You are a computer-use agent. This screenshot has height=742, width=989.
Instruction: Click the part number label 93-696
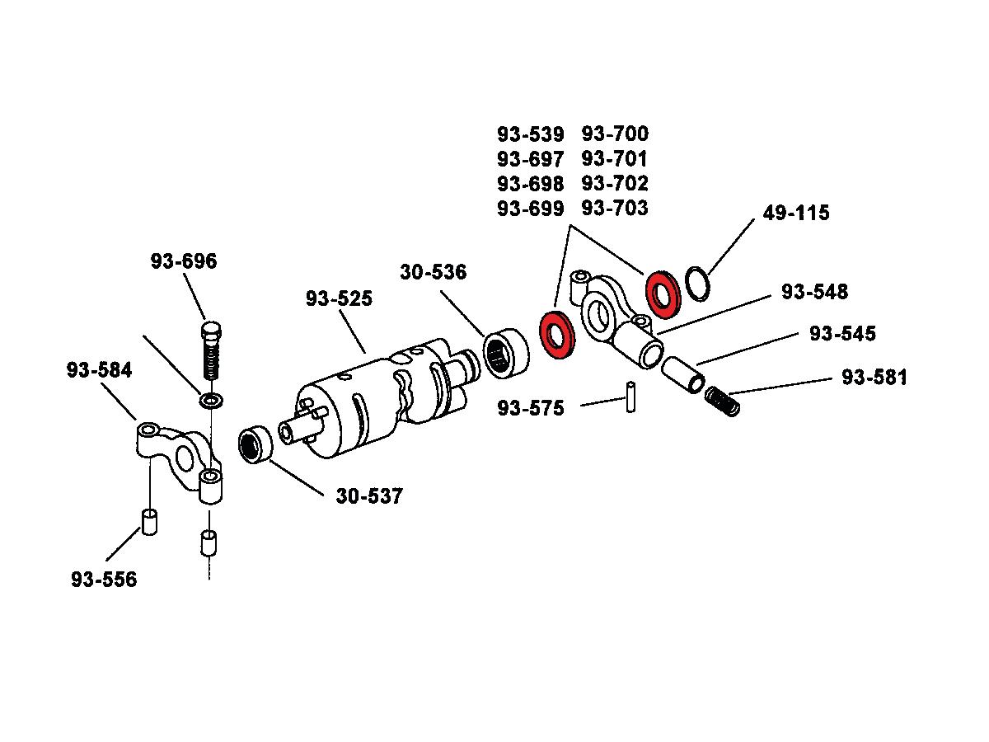click(x=184, y=261)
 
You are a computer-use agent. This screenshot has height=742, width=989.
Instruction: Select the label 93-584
click(x=100, y=371)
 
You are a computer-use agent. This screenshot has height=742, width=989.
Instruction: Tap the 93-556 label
click(x=104, y=580)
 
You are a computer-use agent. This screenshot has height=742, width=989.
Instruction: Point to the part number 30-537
click(x=369, y=496)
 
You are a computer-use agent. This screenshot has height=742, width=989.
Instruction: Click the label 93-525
click(x=339, y=298)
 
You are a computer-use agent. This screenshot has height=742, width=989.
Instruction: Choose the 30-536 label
click(x=434, y=272)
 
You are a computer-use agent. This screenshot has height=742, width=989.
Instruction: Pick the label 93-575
click(x=531, y=408)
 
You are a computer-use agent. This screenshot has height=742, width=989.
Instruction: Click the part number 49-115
click(x=796, y=213)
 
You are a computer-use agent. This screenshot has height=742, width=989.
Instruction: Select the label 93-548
click(x=815, y=292)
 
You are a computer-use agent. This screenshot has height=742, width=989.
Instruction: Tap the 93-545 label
click(x=842, y=334)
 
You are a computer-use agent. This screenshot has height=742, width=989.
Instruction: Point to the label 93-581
click(x=874, y=378)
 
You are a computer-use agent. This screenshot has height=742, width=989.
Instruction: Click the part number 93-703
click(x=615, y=208)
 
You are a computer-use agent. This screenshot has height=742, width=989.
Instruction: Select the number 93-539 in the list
click(x=531, y=134)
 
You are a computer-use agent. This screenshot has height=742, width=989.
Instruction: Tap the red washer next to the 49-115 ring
click(x=661, y=292)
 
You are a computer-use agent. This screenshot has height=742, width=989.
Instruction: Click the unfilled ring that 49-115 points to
click(x=697, y=283)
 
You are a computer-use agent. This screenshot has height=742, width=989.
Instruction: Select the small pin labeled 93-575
click(x=631, y=396)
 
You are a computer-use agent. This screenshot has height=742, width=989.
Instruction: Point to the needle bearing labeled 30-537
click(x=255, y=445)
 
